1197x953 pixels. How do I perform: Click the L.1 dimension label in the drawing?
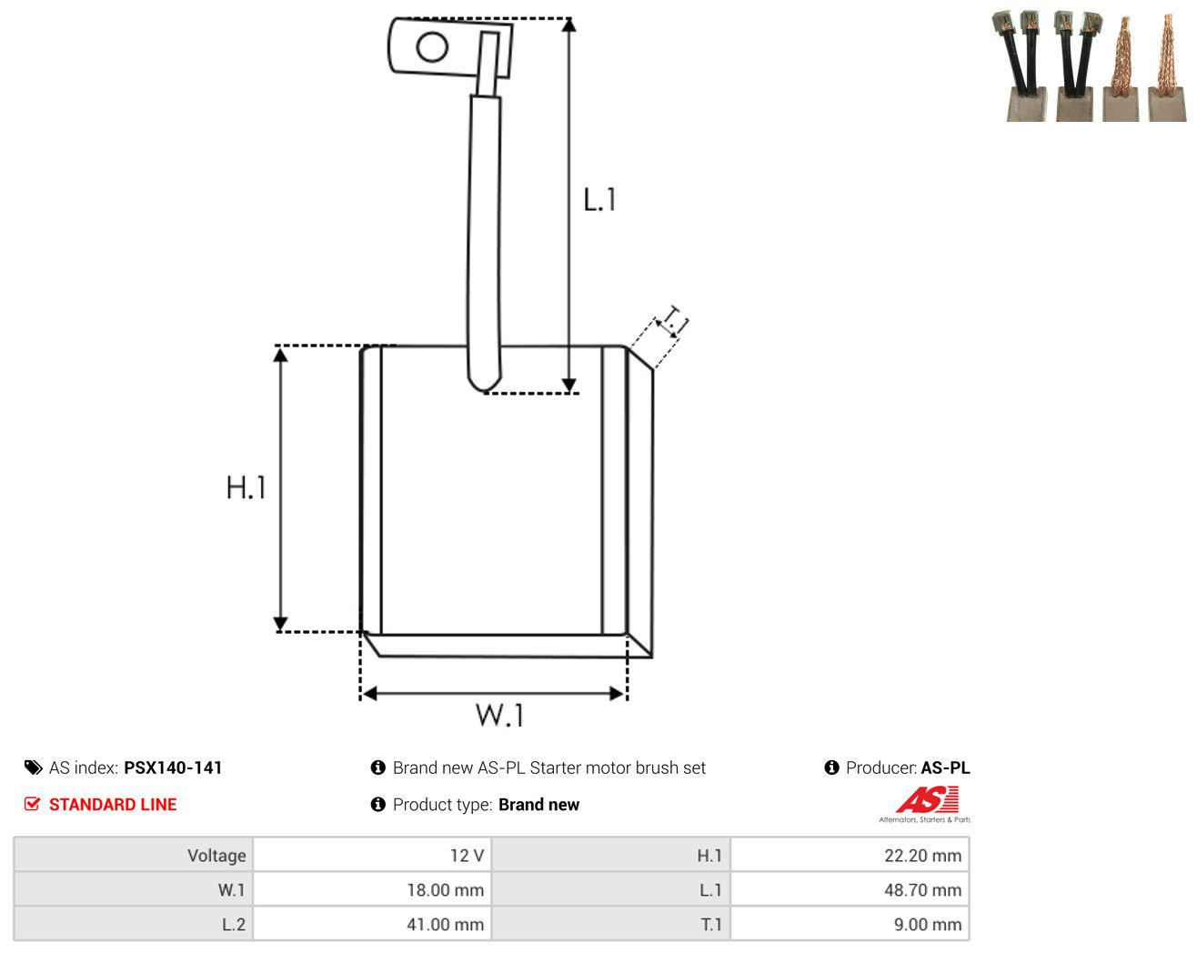[599, 199]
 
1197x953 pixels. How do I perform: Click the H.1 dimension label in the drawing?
[246, 487]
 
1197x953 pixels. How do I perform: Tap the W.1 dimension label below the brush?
[499, 715]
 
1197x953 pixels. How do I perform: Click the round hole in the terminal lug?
[432, 46]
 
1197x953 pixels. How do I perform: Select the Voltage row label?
[216, 855]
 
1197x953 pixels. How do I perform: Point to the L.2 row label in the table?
[234, 924]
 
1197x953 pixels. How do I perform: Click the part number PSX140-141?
[173, 767]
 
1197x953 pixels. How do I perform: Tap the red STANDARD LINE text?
[113, 804]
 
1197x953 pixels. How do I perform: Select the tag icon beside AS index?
[34, 767]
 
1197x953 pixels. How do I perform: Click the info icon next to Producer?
[831, 767]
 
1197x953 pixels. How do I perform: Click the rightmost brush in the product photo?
[1168, 68]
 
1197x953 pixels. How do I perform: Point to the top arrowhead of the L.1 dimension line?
[568, 25]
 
